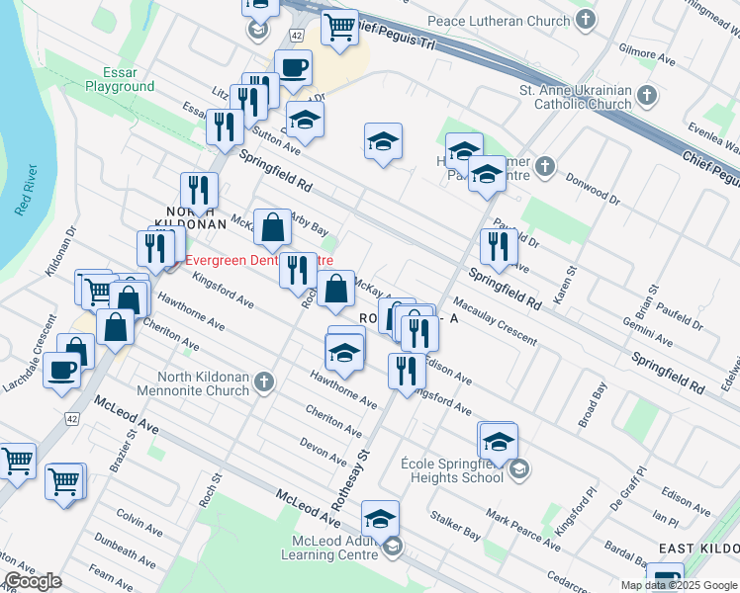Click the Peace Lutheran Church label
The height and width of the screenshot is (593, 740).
[499, 21]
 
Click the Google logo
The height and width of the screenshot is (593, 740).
[33, 581]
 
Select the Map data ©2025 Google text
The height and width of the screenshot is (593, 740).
[678, 585]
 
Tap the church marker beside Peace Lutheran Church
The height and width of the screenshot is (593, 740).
[587, 20]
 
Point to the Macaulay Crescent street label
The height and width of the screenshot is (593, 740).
[494, 321]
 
